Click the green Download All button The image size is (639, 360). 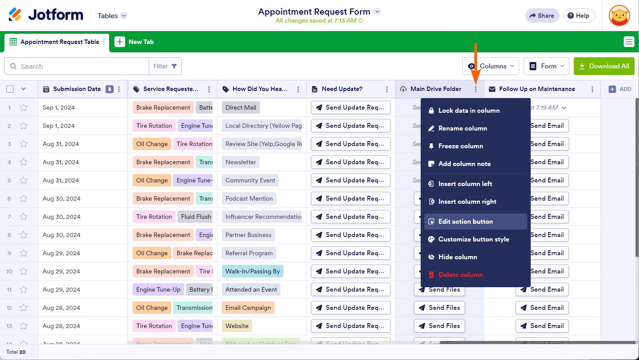coord(604,66)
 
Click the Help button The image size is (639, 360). coord(579,16)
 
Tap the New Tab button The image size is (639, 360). coord(134,42)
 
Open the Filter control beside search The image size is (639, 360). coord(165,66)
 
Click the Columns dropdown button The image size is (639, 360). coord(491,66)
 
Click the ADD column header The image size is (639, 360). coord(620,89)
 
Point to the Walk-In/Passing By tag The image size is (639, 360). coord(252,271)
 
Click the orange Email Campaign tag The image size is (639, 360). coord(248,308)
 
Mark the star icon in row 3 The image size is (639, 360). coord(24,144)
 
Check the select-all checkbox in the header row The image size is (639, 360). coord(10,89)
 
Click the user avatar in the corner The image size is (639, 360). coord(619,16)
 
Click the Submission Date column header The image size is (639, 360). coord(77,89)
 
